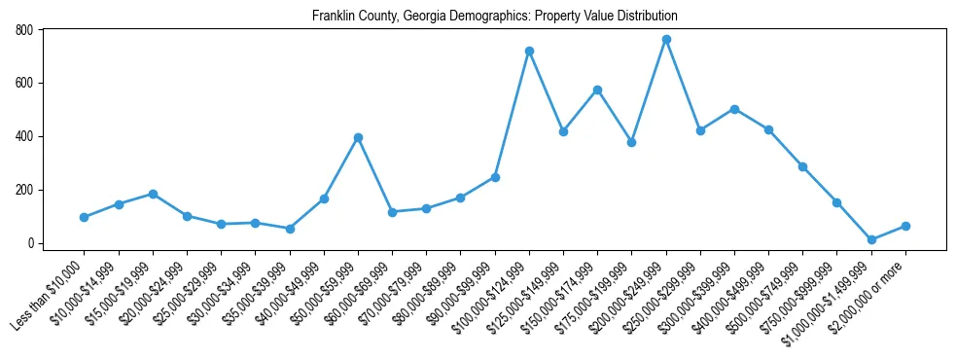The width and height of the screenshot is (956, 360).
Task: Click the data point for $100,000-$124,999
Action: [529, 51]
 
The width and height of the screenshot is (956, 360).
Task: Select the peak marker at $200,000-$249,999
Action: [666, 39]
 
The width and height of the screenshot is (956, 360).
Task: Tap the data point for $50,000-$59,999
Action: [358, 137]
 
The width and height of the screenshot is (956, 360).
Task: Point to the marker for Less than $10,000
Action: [85, 217]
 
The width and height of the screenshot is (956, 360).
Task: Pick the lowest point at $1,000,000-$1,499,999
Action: [871, 239]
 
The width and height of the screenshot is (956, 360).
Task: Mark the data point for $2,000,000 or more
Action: [905, 226]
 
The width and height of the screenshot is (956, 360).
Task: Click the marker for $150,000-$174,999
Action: [597, 90]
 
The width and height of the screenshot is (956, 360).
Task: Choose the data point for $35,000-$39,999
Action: [290, 229]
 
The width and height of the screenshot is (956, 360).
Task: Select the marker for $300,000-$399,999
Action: [734, 109]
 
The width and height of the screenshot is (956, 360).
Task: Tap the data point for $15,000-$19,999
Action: [153, 194]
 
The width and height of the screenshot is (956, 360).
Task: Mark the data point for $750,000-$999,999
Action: [837, 202]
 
